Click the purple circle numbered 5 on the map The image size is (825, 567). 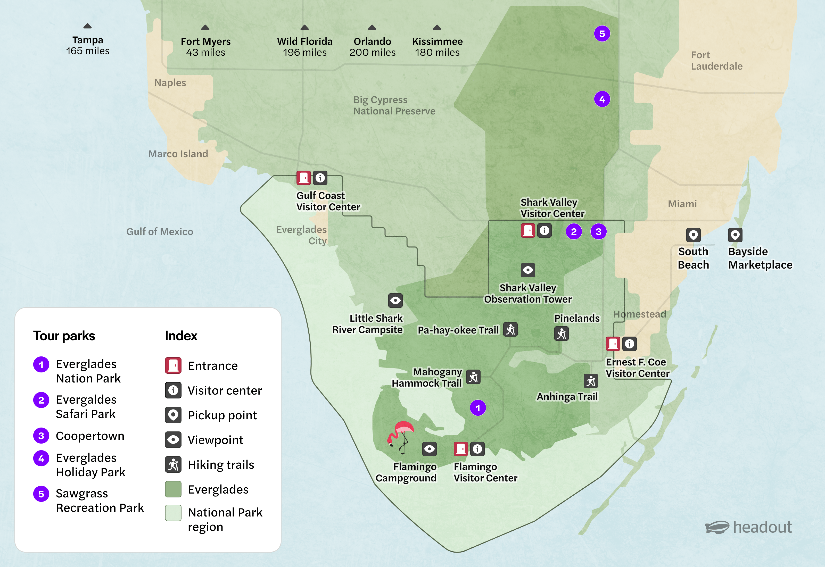[x=602, y=34]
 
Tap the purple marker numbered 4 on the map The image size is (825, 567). [x=602, y=99]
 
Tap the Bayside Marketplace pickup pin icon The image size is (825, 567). [x=735, y=235]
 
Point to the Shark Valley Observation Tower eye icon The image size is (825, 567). [x=528, y=270]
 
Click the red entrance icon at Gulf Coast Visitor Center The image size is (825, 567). [x=303, y=178]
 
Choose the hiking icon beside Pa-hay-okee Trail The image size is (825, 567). [x=510, y=330]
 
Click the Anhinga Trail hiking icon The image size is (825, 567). [x=590, y=381]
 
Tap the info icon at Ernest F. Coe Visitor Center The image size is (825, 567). [x=629, y=344]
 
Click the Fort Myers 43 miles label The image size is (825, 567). [x=205, y=47]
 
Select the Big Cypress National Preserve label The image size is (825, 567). [x=394, y=105]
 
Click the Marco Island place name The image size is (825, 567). [x=178, y=154]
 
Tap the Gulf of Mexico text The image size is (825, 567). [x=160, y=232]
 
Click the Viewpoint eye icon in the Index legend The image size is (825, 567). [x=173, y=440]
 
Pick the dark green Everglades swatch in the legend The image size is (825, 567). [x=173, y=489]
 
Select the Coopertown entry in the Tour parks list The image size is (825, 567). [x=90, y=436]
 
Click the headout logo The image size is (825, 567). [x=748, y=527]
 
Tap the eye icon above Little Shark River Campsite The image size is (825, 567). [x=395, y=301]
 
